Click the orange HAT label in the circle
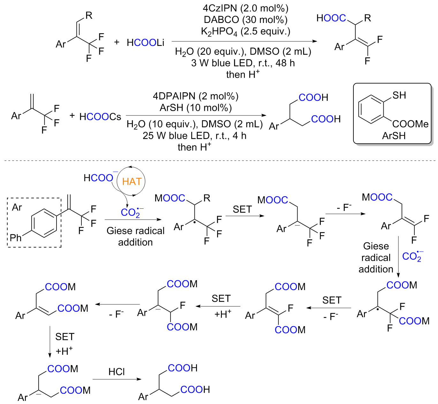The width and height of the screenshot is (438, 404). [132, 182]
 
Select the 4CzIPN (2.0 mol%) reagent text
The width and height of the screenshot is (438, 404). [245, 8]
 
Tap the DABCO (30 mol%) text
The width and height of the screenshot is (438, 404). [245, 20]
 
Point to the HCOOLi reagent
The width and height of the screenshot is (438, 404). [145, 42]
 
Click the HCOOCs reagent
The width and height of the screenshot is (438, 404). [100, 117]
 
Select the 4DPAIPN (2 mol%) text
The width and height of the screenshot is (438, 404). [195, 96]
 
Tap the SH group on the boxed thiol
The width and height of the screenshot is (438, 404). [399, 95]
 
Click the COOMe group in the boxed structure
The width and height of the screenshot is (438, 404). [410, 124]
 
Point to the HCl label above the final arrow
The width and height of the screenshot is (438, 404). [117, 372]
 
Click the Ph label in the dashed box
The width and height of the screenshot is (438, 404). [15, 237]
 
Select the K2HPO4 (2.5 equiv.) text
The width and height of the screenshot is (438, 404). [245, 32]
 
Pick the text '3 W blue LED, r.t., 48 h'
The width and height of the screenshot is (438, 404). [243, 63]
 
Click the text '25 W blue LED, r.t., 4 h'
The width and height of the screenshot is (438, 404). [194, 136]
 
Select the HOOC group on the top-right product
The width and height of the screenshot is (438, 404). [331, 18]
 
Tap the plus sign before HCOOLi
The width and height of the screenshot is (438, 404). [117, 42]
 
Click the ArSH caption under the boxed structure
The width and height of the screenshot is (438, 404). [394, 136]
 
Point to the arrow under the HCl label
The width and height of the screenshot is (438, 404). [117, 379]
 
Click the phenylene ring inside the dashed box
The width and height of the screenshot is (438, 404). [44, 223]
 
